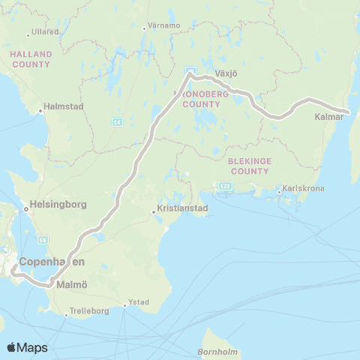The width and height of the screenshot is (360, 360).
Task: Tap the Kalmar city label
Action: pos(329,118)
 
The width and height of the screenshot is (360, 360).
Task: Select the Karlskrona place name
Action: pos(304,189)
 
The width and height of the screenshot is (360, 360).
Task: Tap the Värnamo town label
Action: pos(165,25)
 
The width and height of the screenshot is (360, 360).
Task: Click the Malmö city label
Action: pos(72,285)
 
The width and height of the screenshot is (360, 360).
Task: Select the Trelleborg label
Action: pos(89,310)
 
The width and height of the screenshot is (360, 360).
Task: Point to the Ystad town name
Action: pos(139,302)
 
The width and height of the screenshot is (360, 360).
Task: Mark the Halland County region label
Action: pos(31,59)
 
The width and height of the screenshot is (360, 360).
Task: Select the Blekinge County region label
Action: pos(250,166)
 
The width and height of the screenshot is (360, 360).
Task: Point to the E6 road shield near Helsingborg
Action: pos(44,239)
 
